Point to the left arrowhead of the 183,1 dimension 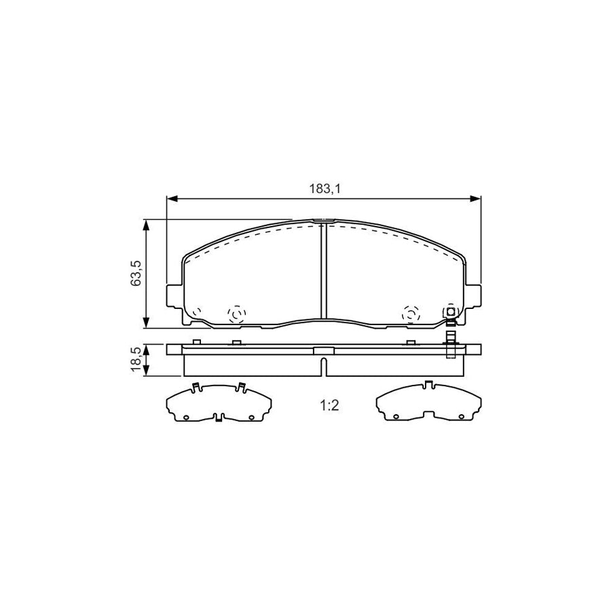171,198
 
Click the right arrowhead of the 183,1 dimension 477,198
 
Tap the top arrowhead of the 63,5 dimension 146,224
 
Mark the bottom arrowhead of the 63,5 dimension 146,324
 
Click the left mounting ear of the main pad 174,296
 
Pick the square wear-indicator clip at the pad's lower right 449,312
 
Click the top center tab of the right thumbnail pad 428,385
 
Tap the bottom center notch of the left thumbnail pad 218,418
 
